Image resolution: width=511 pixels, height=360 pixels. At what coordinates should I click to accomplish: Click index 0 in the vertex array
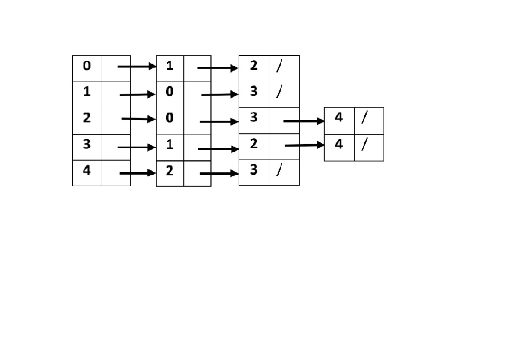click(86, 66)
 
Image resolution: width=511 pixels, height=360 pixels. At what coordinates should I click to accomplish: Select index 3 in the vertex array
click(86, 144)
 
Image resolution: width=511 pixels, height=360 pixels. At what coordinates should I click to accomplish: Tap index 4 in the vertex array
click(86, 170)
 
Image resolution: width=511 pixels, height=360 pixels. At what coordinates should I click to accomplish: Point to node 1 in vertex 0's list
click(170, 66)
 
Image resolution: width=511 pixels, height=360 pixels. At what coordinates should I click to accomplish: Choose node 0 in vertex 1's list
click(170, 91)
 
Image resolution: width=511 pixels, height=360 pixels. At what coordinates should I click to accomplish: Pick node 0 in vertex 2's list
click(170, 118)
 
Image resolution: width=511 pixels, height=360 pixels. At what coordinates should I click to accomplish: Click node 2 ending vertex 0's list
click(254, 66)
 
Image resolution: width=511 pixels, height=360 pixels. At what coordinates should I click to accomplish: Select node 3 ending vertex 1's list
click(254, 91)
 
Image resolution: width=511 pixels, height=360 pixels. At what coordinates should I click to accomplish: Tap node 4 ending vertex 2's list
click(339, 118)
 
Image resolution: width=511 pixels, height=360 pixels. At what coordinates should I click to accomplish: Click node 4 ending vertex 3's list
click(339, 144)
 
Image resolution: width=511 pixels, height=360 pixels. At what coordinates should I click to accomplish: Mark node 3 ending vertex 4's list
click(254, 170)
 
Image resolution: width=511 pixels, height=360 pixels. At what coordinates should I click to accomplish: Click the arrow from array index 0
click(137, 67)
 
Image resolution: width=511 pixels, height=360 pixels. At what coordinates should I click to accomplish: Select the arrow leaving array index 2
click(139, 119)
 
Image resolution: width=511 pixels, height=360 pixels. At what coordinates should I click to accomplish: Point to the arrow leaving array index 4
click(138, 173)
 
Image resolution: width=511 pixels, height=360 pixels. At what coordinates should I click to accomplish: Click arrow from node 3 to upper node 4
click(304, 121)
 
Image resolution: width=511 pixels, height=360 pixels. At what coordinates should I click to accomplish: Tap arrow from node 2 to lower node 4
click(305, 145)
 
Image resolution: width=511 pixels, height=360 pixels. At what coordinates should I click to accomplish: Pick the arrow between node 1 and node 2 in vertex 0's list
click(218, 68)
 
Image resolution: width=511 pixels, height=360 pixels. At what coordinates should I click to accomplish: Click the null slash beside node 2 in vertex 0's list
click(279, 66)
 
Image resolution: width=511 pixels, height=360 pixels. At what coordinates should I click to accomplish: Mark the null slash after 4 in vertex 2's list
click(364, 118)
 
